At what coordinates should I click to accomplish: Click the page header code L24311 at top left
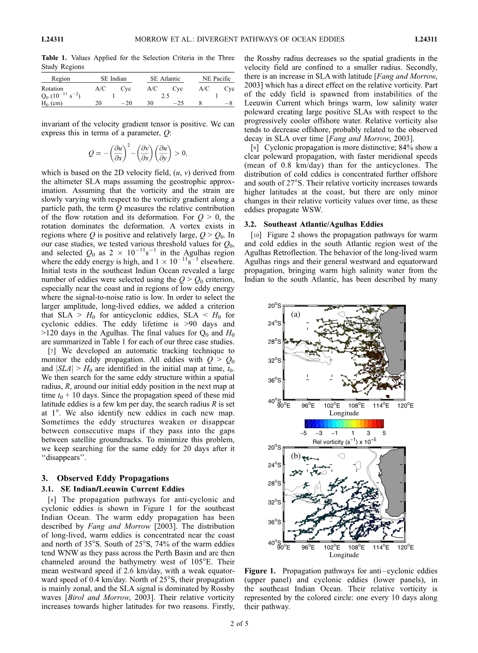pyautogui.click(x=52, y=39)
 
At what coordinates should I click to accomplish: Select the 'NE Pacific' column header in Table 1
pyautogui.click(x=216, y=79)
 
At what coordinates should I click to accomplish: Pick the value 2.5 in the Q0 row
pyautogui.click(x=165, y=96)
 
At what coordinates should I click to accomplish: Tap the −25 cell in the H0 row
pyautogui.click(x=177, y=103)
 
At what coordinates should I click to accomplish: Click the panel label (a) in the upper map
pyautogui.click(x=296, y=314)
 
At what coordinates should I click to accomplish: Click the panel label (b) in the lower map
pyautogui.click(x=296, y=456)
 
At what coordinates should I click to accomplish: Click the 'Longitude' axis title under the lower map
pyautogui.click(x=343, y=555)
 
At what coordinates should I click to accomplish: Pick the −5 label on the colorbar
pyautogui.click(x=303, y=432)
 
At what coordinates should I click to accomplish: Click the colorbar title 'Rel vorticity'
pyautogui.click(x=330, y=442)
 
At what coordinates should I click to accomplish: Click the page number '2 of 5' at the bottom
pyautogui.click(x=239, y=638)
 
